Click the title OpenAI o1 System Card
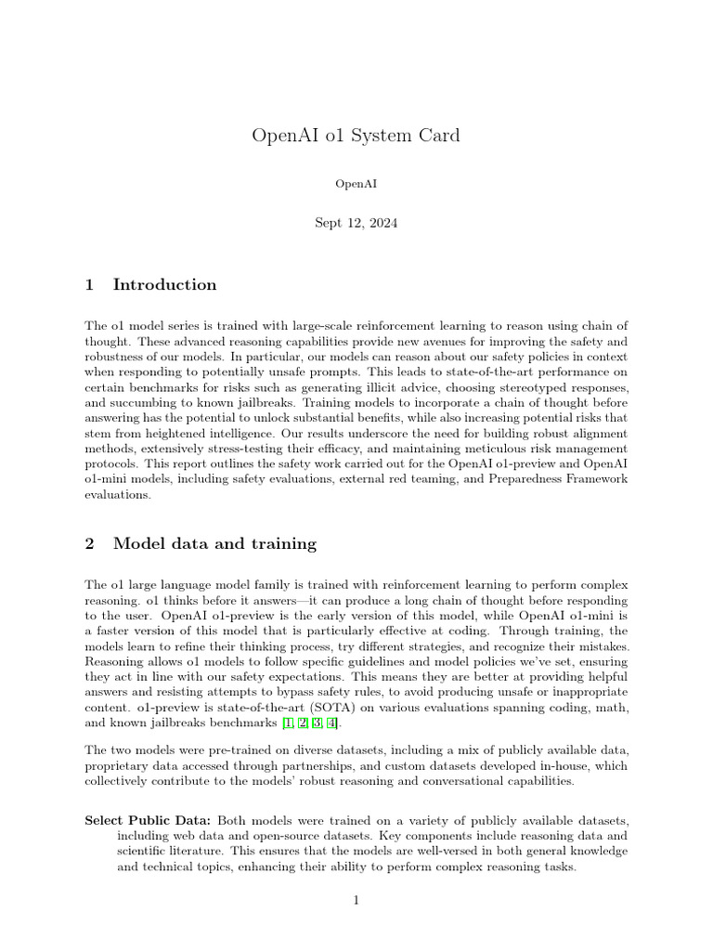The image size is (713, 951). (x=356, y=136)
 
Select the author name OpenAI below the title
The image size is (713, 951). (x=356, y=184)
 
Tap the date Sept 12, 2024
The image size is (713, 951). (x=356, y=224)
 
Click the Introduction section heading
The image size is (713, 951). (x=164, y=285)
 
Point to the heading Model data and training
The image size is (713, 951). (x=214, y=544)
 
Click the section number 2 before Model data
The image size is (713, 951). (x=90, y=544)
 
